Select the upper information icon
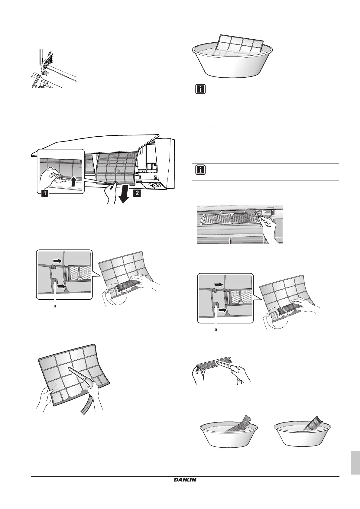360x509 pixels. coord(200,90)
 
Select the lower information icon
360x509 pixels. coord(200,170)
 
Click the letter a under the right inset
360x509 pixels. coord(216,329)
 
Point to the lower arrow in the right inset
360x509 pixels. coord(222,310)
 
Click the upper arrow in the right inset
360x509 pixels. coord(219,284)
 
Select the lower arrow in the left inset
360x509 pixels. coord(61,286)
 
